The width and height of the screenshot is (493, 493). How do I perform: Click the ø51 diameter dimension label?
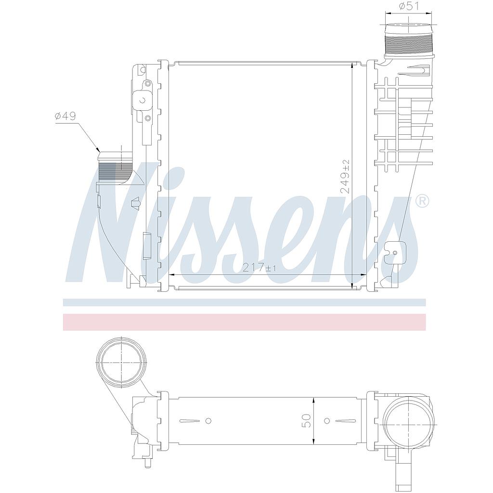pos(409,6)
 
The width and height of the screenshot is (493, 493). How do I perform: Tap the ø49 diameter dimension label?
pos(66,116)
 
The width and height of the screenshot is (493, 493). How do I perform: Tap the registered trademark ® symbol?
pos(422,201)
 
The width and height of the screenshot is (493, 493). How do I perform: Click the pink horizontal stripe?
pos(245,322)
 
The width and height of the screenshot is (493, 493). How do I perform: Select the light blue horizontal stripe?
pos(245,302)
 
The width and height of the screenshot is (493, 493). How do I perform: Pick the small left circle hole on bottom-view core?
pos(208,421)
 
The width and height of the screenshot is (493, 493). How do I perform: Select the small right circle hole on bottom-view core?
pos(327,421)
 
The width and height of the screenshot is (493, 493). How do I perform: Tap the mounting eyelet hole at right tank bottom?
pos(394,253)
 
